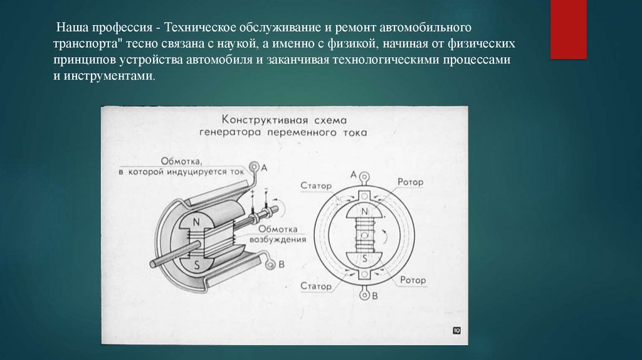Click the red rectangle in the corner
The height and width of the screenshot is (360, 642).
click(568, 29)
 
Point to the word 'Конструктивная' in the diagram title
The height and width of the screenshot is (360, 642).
click(260, 120)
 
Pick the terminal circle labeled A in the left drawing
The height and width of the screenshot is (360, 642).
click(254, 167)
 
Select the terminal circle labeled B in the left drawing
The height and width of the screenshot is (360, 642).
click(270, 264)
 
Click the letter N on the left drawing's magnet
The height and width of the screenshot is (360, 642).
click(196, 221)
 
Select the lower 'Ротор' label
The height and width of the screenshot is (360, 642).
click(413, 280)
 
